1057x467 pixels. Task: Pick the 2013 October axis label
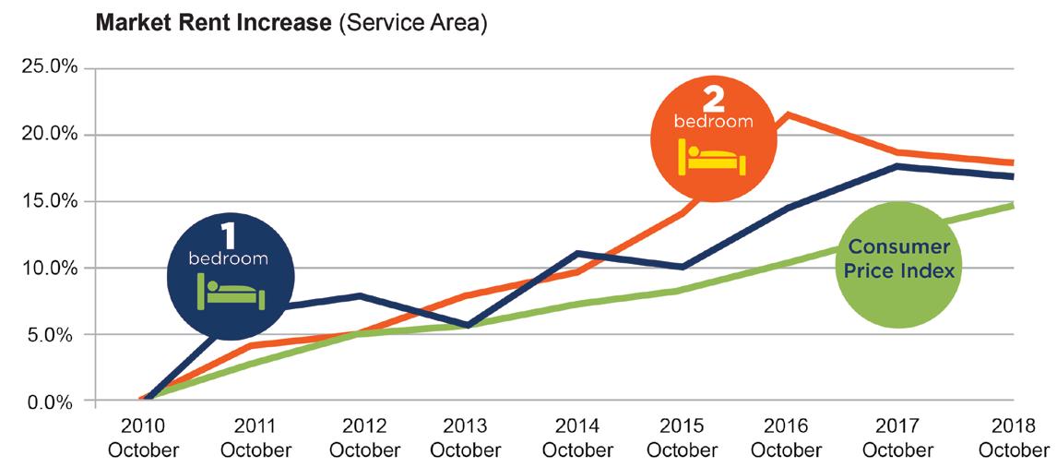[x=465, y=438]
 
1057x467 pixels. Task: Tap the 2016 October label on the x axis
[x=786, y=438]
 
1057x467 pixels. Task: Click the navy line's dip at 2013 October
[x=468, y=325]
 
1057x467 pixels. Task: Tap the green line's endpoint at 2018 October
[x=1013, y=205]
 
